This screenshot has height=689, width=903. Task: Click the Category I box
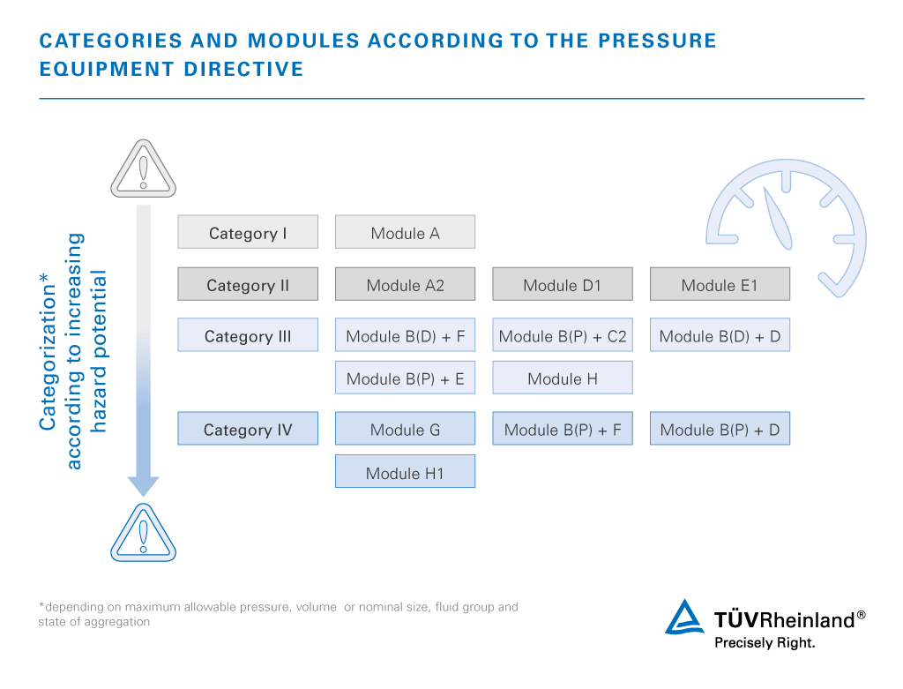pyautogui.click(x=248, y=232)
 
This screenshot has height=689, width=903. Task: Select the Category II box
pyautogui.click(x=248, y=284)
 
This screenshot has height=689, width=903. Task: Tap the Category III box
pyautogui.click(x=248, y=335)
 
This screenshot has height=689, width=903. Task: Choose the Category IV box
pyautogui.click(x=248, y=429)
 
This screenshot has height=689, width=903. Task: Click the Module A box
pyautogui.click(x=405, y=232)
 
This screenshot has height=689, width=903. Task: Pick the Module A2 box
pyautogui.click(x=405, y=284)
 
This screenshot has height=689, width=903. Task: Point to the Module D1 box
pyautogui.click(x=562, y=284)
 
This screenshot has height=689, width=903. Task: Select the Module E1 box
pyautogui.click(x=720, y=284)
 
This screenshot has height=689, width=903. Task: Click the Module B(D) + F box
pyautogui.click(x=405, y=335)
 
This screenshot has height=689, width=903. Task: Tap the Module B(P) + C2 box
pyautogui.click(x=562, y=335)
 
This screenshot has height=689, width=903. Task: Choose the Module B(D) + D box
pyautogui.click(x=720, y=335)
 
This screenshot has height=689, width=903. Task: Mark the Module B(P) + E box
pyautogui.click(x=405, y=378)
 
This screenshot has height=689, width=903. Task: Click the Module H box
pyautogui.click(x=562, y=378)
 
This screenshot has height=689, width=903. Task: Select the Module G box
pyautogui.click(x=405, y=429)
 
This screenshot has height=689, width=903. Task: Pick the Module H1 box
pyautogui.click(x=405, y=472)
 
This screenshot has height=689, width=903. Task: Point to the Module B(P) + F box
pyautogui.click(x=562, y=429)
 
